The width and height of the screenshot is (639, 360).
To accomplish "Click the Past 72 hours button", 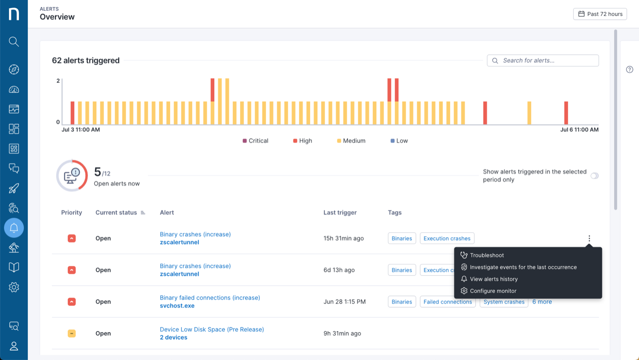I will tap(600, 14).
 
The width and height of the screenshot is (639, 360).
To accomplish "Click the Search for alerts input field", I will tap(543, 60).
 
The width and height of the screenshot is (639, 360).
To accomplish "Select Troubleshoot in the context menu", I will tap(487, 255).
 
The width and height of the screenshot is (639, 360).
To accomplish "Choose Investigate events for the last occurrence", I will tap(523, 267).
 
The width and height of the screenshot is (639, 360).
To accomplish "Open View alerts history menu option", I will tap(493, 279).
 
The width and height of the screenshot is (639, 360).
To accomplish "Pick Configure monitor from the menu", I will tap(493, 291).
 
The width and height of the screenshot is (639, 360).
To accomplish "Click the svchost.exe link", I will tap(177, 306).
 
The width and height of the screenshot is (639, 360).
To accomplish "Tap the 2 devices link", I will tap(173, 338).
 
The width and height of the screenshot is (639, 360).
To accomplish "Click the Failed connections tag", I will tap(447, 302).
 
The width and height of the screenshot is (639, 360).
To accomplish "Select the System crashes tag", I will tap(504, 302).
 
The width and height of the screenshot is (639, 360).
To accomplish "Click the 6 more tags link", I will tap(542, 302).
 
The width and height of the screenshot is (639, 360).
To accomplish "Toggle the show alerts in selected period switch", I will tap(594, 176).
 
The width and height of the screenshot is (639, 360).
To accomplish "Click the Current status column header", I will tap(116, 213).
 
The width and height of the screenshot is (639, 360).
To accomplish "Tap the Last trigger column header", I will tap(339, 213).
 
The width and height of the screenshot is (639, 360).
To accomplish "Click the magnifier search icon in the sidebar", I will tap(14, 41).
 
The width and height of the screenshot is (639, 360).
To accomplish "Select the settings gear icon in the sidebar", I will tap(14, 287).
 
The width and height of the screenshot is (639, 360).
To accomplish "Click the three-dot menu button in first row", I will tap(589, 239).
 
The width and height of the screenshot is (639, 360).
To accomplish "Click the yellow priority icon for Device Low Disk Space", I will tap(71, 334).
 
